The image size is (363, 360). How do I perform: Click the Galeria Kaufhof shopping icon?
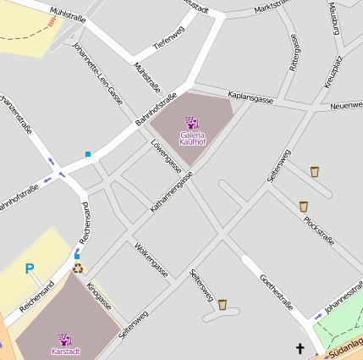pyautogui.click(x=191, y=123)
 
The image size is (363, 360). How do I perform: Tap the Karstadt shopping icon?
pyautogui.click(x=64, y=338)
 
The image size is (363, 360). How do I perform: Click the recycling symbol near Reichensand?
pyautogui.click(x=78, y=269)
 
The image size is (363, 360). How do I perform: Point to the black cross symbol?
pyautogui.click(x=299, y=348)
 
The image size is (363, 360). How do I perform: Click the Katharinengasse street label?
pyautogui.click(x=172, y=191)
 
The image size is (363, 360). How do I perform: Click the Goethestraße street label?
pyautogui.click(x=277, y=291)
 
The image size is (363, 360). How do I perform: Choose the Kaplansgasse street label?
pyautogui.click(x=250, y=98)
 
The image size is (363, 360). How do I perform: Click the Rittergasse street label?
pyautogui.click(x=294, y=52)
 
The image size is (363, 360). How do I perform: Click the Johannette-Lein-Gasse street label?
pyautogui.click(x=97, y=73)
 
